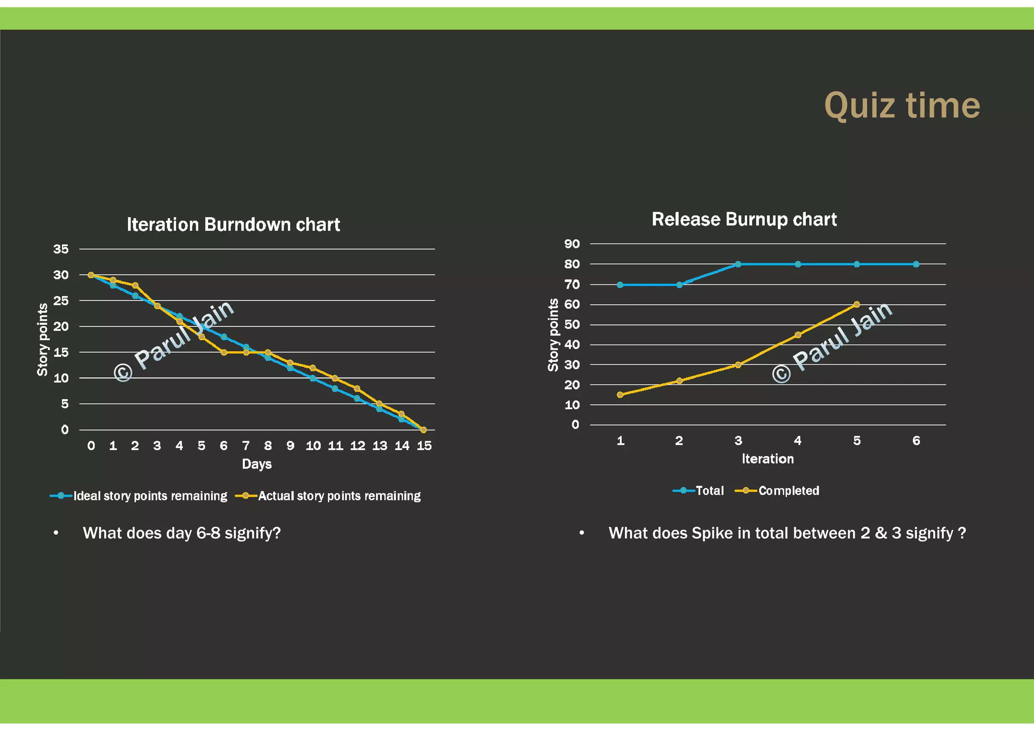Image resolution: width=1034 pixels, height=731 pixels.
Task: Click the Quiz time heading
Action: (x=902, y=106)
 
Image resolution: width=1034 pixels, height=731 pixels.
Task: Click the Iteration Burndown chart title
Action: (x=233, y=225)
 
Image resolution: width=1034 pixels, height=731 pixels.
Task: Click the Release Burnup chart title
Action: (x=744, y=220)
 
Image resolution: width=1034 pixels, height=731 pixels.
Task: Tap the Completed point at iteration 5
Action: (x=856, y=305)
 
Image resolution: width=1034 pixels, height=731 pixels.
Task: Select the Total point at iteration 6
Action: (x=916, y=264)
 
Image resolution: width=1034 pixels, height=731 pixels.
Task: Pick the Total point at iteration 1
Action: (x=620, y=285)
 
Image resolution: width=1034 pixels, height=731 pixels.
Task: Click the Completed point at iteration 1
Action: (x=620, y=395)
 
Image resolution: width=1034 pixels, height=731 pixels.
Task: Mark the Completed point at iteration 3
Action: (x=738, y=365)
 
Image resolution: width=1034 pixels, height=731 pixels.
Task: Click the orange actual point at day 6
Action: (x=224, y=352)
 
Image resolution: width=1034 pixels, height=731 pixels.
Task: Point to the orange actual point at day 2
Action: (x=135, y=285)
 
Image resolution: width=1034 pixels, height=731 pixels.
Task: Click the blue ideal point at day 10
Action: (x=313, y=378)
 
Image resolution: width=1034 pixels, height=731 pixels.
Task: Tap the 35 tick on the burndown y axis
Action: (x=61, y=249)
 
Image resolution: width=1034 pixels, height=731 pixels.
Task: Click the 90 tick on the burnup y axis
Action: (x=572, y=244)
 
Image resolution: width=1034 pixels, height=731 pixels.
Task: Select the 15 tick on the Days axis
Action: (x=424, y=446)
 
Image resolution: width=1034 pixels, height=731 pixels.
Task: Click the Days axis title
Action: (x=256, y=464)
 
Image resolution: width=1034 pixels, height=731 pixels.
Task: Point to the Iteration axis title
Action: (x=767, y=459)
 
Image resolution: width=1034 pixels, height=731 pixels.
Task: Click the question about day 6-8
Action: (x=182, y=533)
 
